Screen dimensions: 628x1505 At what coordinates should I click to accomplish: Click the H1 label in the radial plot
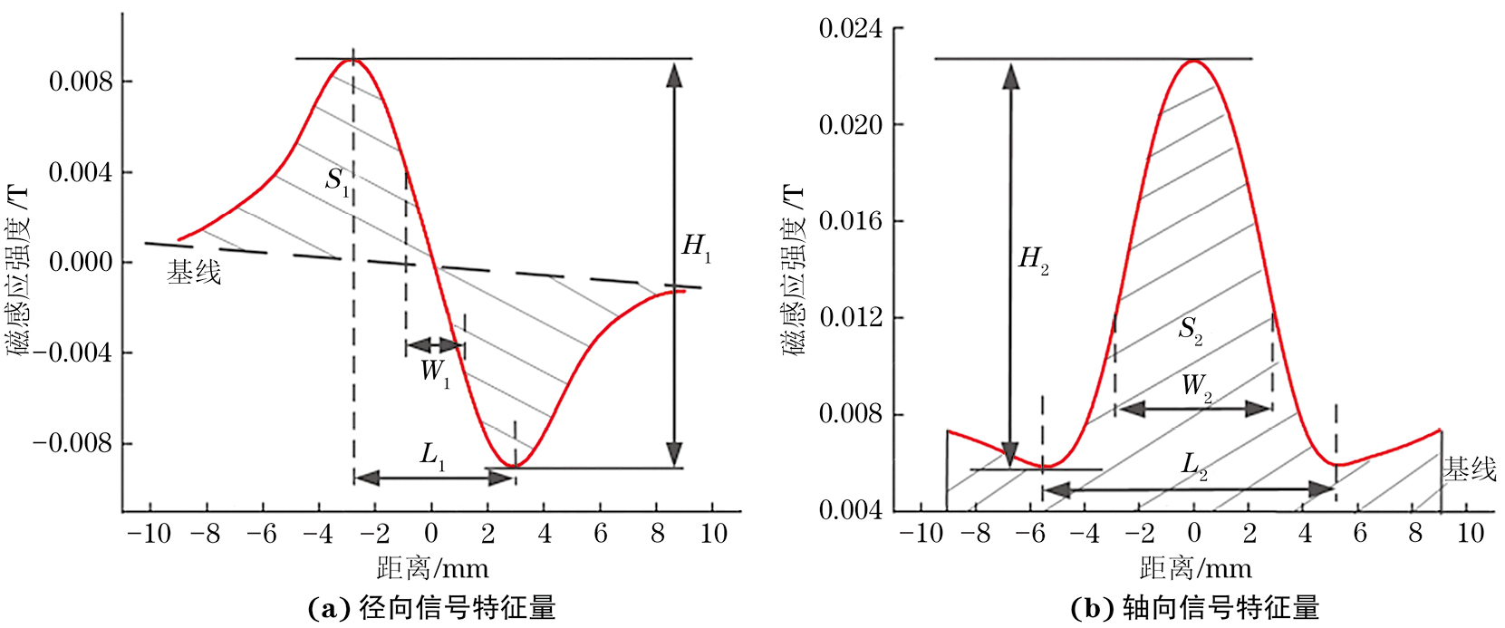[696, 246]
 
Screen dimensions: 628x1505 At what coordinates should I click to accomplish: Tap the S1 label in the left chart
[337, 180]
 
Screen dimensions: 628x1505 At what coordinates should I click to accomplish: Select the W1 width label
[434, 372]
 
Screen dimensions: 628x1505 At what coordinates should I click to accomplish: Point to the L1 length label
[432, 455]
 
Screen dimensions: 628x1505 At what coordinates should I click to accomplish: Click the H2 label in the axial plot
[1033, 260]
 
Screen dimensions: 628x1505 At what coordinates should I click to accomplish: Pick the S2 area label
[1190, 330]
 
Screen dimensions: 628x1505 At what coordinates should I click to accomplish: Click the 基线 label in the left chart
[194, 273]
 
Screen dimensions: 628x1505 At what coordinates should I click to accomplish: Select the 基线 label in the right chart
[1469, 469]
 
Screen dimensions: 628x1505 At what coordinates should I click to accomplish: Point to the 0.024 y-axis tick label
[850, 29]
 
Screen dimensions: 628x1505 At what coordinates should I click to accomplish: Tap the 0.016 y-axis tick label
[850, 222]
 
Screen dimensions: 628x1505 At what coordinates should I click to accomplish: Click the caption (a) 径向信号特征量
[432, 608]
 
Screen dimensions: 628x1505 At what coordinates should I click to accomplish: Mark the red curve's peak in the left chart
[352, 60]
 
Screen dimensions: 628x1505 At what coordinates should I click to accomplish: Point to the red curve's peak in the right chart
[1193, 61]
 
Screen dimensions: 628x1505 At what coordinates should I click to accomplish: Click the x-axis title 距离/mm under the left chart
[432, 569]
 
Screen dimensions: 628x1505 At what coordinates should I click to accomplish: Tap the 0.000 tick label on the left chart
[81, 263]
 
